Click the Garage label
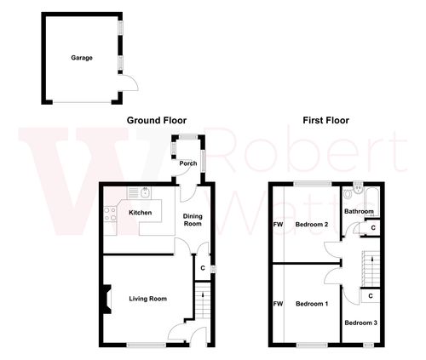(82, 58)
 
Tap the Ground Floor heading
(156, 121)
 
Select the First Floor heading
(325, 121)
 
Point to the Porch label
(188, 163)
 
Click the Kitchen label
(140, 212)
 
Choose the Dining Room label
(193, 220)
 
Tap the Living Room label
(147, 299)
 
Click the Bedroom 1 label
(311, 304)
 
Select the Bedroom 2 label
(312, 225)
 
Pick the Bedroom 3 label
(360, 323)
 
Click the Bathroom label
(359, 211)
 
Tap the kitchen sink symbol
(146, 191)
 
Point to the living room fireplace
(106, 300)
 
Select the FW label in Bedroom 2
(277, 225)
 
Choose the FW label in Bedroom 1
(277, 304)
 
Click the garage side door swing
(128, 83)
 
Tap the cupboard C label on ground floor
(202, 269)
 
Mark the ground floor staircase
(203, 302)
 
